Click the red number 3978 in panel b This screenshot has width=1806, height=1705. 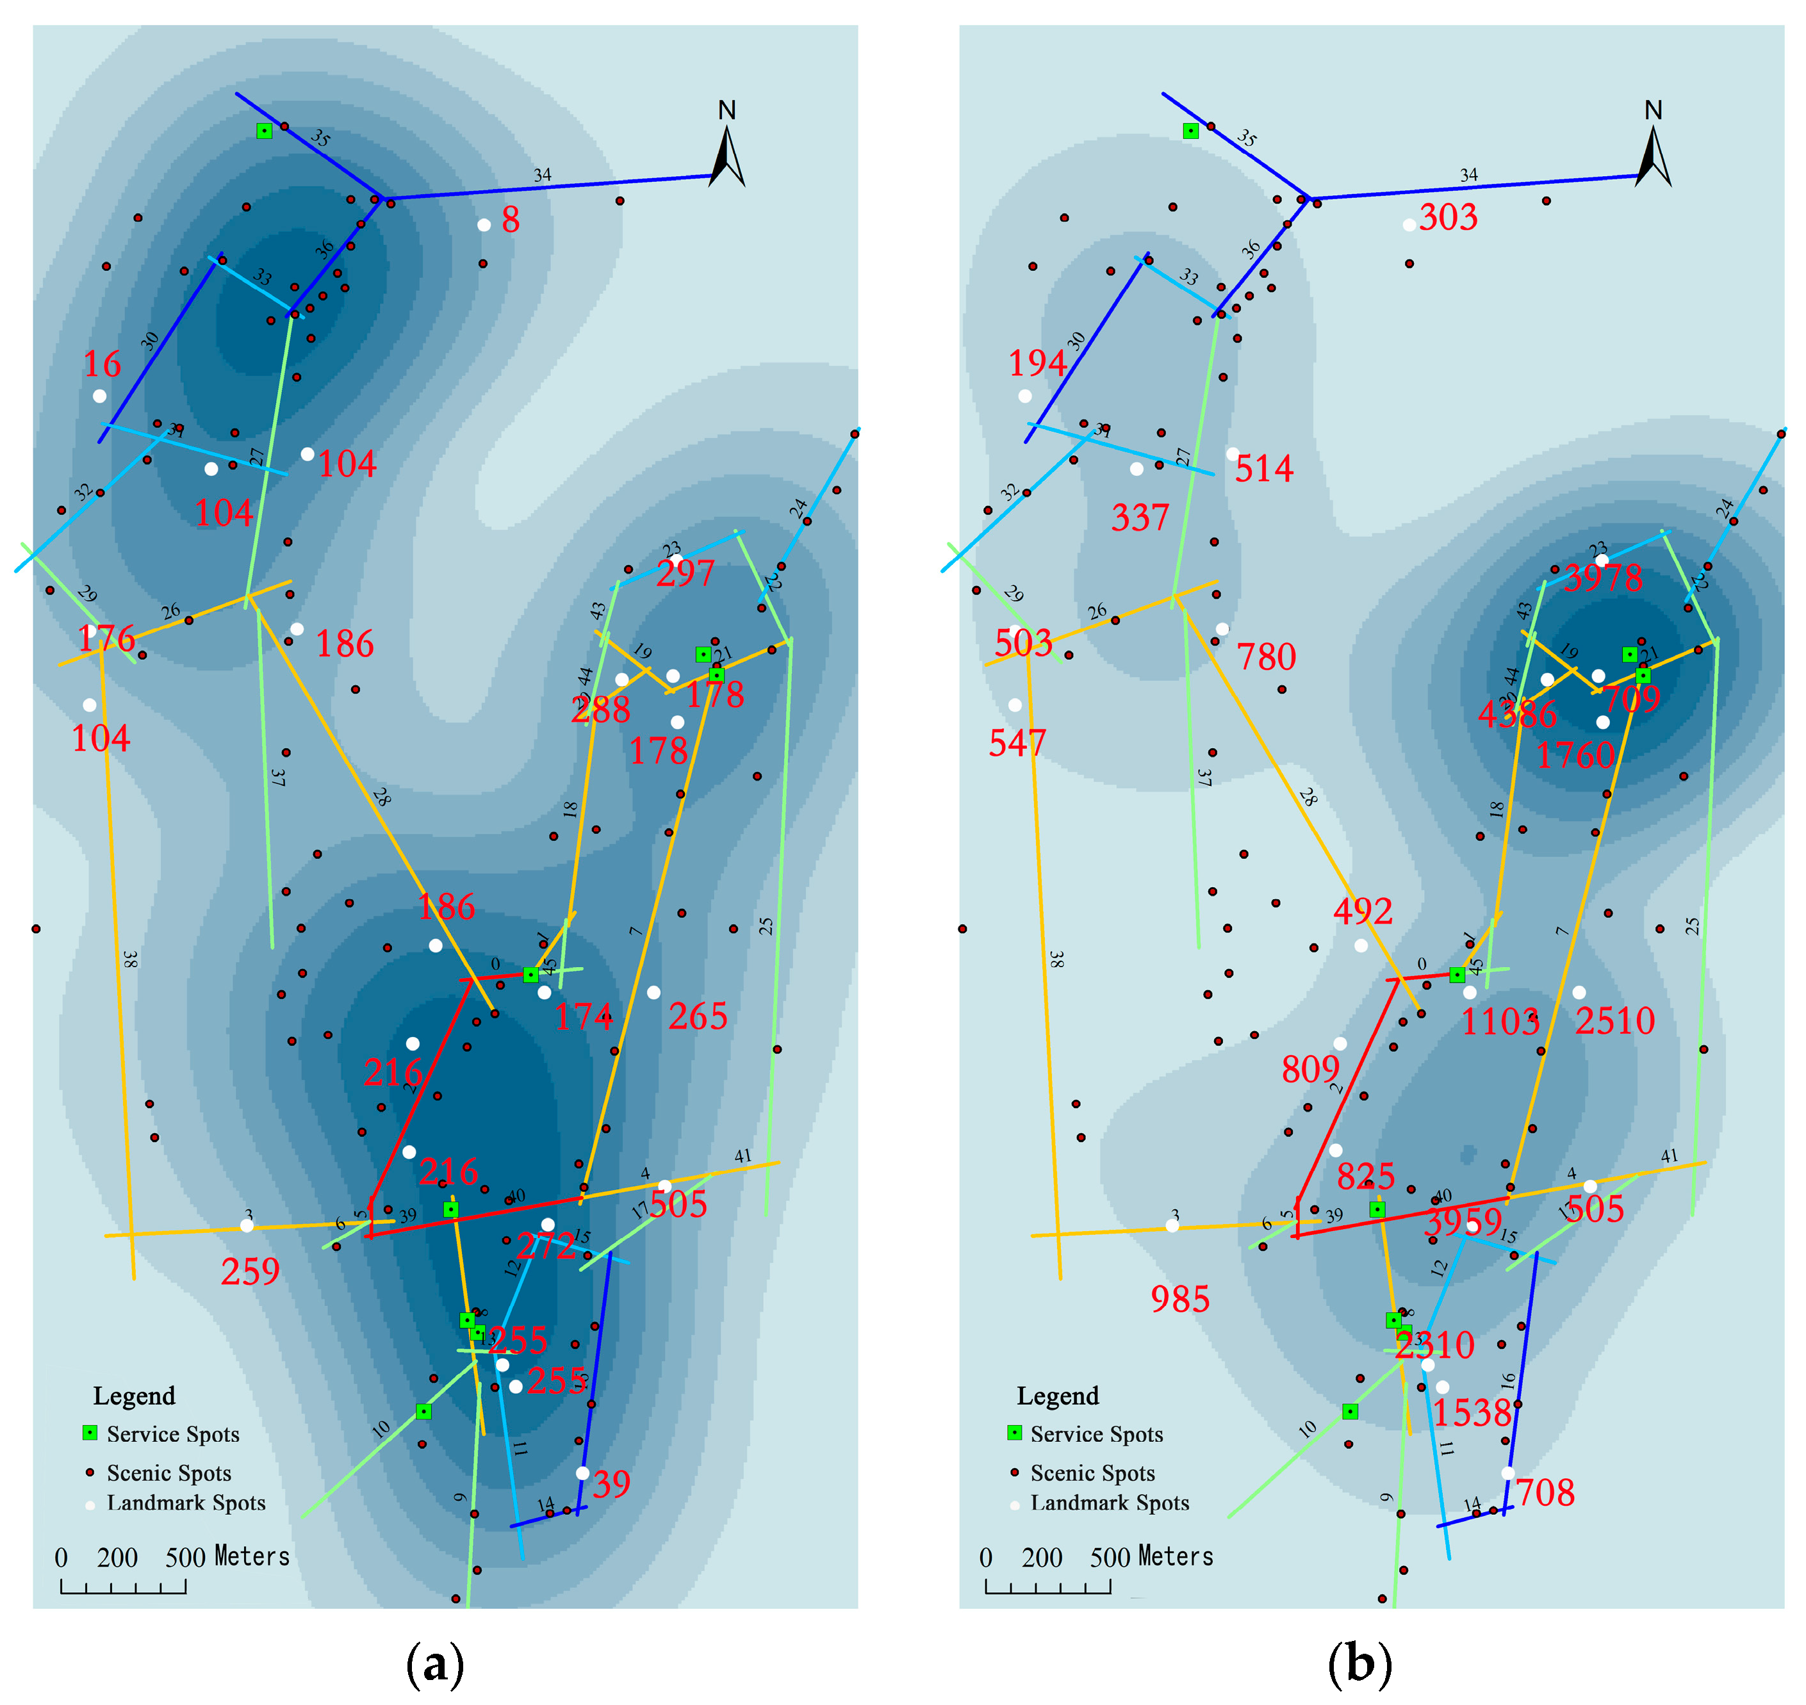pyautogui.click(x=1604, y=578)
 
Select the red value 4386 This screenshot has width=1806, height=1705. pyautogui.click(x=1517, y=714)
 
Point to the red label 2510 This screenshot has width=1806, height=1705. pyautogui.click(x=1615, y=1021)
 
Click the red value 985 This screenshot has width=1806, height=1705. pyautogui.click(x=1180, y=1300)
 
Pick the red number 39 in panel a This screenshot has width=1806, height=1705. pyautogui.click(x=612, y=1484)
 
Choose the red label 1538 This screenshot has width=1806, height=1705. pyautogui.click(x=1472, y=1414)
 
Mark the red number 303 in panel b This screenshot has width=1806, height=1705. pyautogui.click(x=1449, y=218)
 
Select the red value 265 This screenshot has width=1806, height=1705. pyautogui.click(x=698, y=1016)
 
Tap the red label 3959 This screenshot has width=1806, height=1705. pyautogui.click(x=1463, y=1223)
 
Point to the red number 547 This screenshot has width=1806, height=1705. pyautogui.click(x=1018, y=744)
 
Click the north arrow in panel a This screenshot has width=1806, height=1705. pyautogui.click(x=728, y=156)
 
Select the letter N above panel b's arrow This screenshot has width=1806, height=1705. pyautogui.click(x=1654, y=111)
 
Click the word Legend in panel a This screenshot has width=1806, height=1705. pyautogui.click(x=134, y=1396)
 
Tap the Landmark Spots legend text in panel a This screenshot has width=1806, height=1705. pyautogui.click(x=186, y=1503)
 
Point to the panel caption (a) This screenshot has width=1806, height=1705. pyautogui.click(x=436, y=1663)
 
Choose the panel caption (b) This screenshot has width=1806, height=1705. pyautogui.click(x=1359, y=1663)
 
